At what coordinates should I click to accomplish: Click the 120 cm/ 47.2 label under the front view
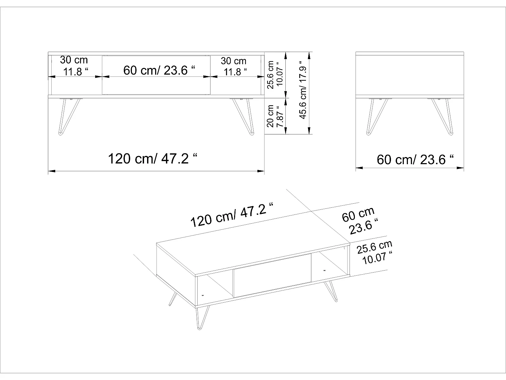[152, 158]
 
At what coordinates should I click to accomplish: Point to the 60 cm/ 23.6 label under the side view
[415, 159]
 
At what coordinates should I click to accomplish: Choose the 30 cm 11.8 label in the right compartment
[234, 66]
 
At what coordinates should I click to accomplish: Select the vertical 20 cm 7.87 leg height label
[275, 116]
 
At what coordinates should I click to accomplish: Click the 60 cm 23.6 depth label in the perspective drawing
[359, 221]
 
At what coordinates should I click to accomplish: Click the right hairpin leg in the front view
[243, 116]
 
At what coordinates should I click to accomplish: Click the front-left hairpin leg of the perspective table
[202, 318]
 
